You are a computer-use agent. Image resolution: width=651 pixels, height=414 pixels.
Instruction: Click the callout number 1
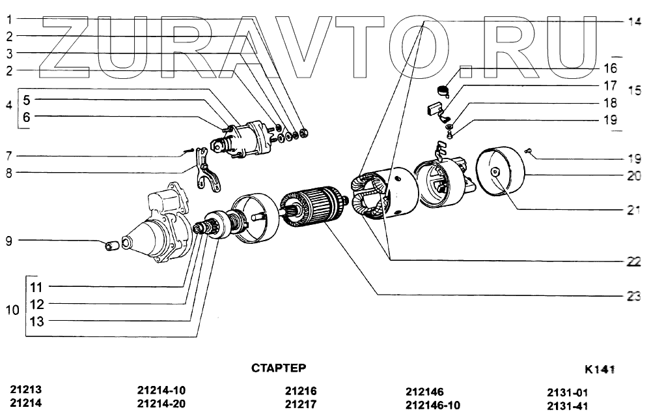(x=10, y=18)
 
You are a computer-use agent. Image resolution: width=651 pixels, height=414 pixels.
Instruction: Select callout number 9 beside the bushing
(x=10, y=241)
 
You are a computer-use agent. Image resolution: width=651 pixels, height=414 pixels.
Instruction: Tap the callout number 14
(x=634, y=21)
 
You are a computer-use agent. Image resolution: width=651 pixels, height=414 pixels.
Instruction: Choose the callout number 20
(x=634, y=175)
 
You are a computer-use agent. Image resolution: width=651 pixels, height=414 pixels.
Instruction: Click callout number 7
(x=10, y=156)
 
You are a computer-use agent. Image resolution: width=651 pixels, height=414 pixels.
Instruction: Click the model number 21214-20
(x=161, y=404)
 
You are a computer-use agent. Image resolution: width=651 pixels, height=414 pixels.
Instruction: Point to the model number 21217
(x=301, y=404)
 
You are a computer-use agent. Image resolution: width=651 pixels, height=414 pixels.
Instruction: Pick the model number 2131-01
(x=568, y=392)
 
